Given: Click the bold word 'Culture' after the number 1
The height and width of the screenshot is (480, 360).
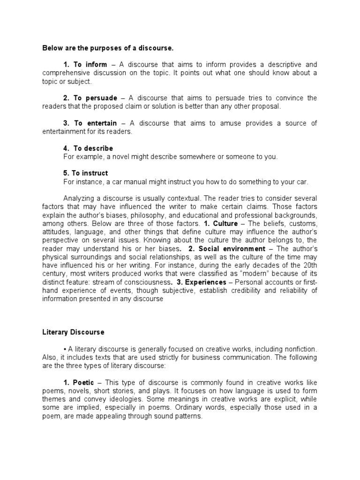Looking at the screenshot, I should pos(227,224).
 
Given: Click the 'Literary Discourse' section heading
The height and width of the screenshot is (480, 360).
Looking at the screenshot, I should pos(74,332).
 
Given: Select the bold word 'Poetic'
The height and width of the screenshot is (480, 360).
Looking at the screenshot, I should pos(83,382).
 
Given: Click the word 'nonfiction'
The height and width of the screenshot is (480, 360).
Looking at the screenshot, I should pos(300,349).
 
